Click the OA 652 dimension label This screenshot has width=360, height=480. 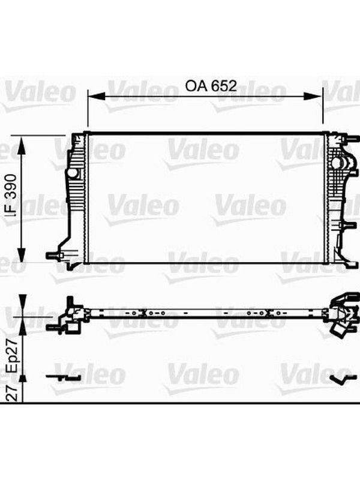coord(211,86)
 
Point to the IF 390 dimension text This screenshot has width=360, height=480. coord(11,196)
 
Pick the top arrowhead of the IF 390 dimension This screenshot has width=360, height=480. coord(21,145)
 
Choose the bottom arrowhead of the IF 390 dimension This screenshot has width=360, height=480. coord(21,253)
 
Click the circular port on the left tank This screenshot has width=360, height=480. coord(73,173)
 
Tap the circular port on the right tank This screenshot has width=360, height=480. coord(336,162)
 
